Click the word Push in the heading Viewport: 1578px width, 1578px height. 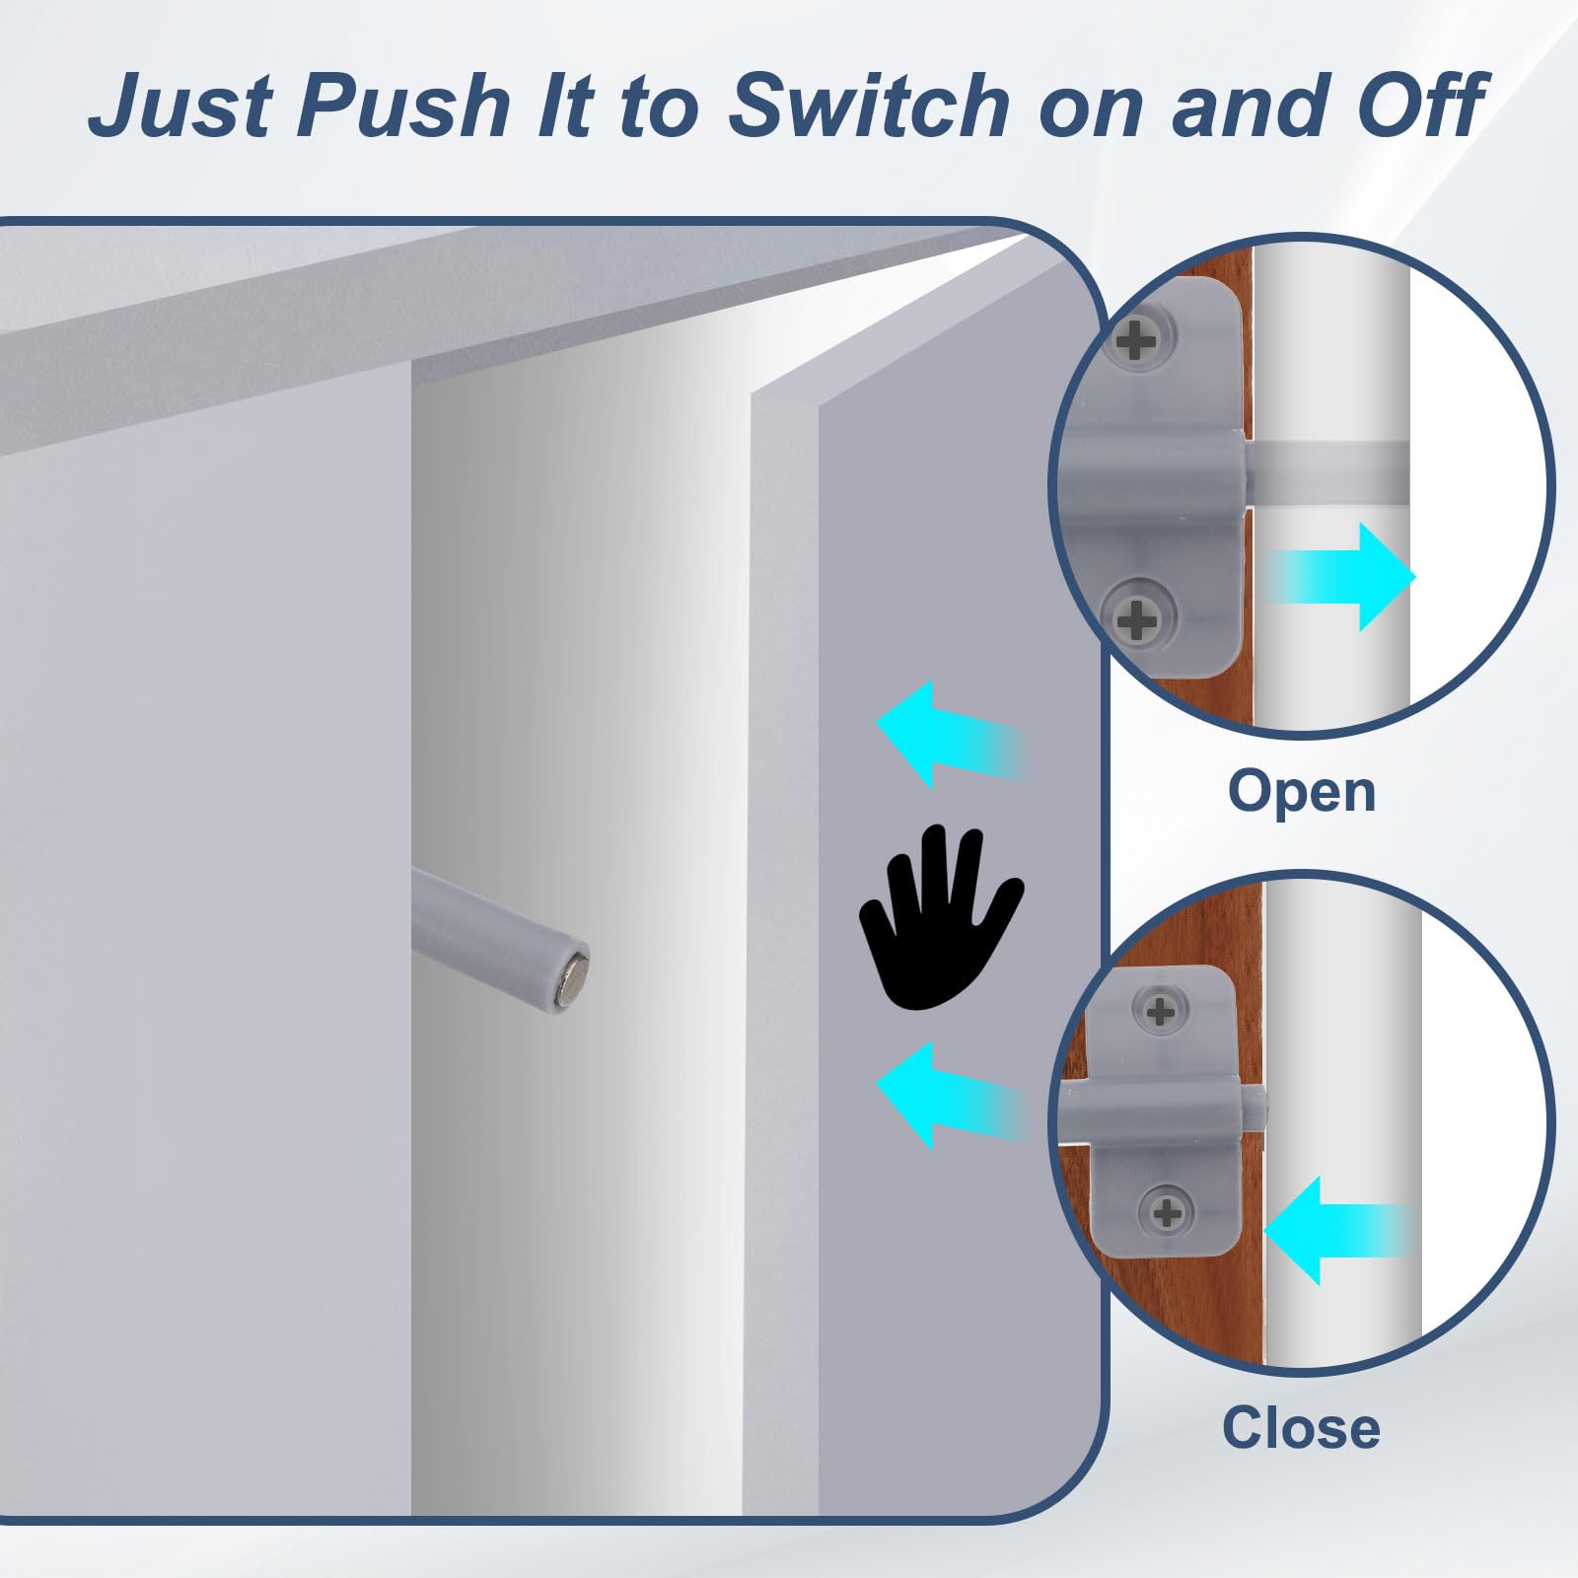tap(402, 106)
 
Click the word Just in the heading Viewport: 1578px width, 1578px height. tap(180, 107)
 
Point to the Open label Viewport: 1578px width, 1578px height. tap(1301, 793)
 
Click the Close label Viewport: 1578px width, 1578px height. tap(1301, 1428)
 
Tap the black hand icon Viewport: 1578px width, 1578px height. tap(940, 916)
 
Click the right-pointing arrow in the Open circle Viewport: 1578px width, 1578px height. tap(1341, 577)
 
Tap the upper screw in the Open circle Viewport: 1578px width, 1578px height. tap(1137, 341)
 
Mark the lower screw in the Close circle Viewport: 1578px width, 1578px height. tap(1167, 1212)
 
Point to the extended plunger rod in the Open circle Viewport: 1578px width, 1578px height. tap(1327, 470)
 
